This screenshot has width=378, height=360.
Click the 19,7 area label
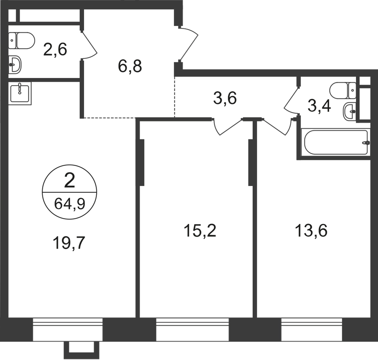coord(69,243)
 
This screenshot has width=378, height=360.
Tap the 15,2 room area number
coord(200,230)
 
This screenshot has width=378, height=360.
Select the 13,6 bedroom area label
coord(311,230)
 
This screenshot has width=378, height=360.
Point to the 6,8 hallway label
coord(130,66)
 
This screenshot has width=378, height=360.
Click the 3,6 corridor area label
coord(225,98)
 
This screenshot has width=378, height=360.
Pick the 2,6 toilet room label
coord(55,49)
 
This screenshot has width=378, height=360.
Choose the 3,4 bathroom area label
coord(320,106)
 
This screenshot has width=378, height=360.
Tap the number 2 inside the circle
coord(69,181)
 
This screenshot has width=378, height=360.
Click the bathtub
coord(336,142)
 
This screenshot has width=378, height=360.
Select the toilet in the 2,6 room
coord(22,40)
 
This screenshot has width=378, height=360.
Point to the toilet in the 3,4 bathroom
coord(343,90)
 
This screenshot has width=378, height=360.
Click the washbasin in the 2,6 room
coord(15,65)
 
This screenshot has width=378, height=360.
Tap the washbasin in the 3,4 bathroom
coord(349,112)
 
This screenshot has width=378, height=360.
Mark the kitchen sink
coord(20,93)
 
